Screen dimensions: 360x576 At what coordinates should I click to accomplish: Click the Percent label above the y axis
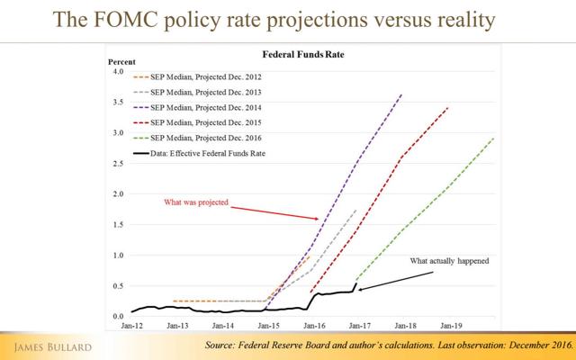click(x=120, y=61)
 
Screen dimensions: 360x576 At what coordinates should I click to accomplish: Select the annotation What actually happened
click(x=449, y=261)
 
